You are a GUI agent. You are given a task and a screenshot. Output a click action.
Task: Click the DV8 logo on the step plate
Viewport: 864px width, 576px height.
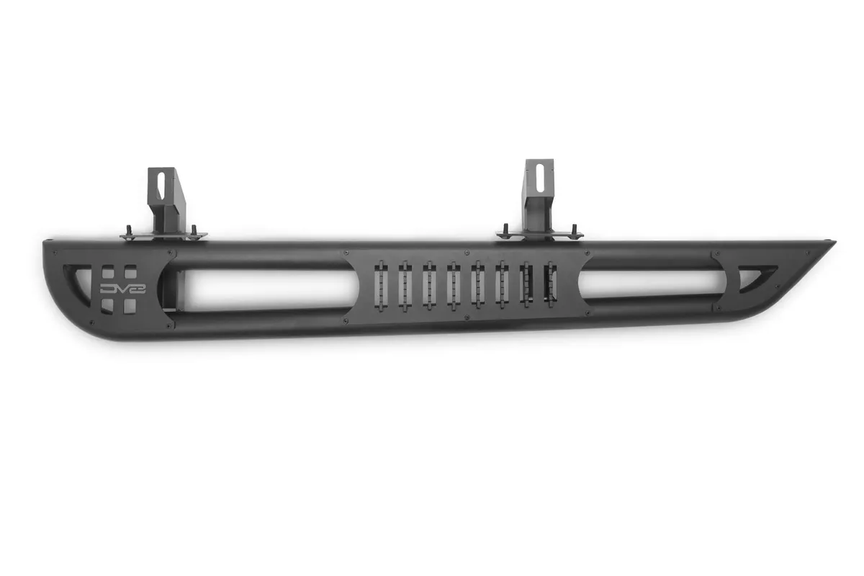[117, 289]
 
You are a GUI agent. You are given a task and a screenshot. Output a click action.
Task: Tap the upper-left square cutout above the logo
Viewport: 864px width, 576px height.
[107, 272]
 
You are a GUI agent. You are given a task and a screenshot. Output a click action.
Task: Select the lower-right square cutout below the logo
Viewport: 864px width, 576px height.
[130, 306]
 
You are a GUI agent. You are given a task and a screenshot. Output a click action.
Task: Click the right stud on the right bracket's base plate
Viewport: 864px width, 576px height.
[575, 230]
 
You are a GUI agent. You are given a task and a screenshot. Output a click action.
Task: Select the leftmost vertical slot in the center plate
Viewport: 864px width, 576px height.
[382, 285]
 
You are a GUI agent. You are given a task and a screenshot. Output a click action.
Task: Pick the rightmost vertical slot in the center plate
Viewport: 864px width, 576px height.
[551, 285]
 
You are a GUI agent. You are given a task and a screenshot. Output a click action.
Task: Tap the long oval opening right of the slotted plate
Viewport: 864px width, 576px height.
[652, 284]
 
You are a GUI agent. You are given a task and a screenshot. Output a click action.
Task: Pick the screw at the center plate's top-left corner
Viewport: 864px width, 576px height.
[346, 253]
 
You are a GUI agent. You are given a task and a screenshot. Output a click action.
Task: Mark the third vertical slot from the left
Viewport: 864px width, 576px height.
[429, 285]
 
